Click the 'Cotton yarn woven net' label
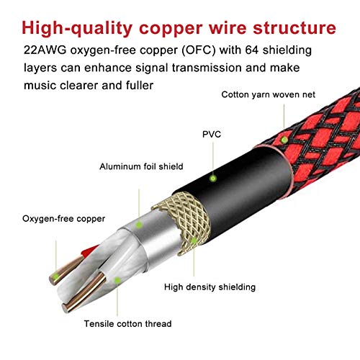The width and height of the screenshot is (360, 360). click(x=268, y=94)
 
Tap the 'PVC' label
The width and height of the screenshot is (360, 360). click(x=212, y=135)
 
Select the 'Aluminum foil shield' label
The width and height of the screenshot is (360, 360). click(x=141, y=166)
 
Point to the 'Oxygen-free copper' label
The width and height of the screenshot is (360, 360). click(x=63, y=219)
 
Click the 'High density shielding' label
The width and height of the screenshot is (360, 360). click(x=210, y=287)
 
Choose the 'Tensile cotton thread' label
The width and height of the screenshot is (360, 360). click(x=127, y=324)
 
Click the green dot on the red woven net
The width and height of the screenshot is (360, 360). click(x=284, y=140)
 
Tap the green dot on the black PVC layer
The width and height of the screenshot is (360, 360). click(x=213, y=179)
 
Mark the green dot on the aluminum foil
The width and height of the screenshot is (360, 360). click(x=139, y=225)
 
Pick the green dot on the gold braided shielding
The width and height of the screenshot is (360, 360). click(x=194, y=240)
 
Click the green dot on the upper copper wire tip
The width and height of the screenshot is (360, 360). click(x=56, y=276)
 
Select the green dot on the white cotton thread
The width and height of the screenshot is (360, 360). click(x=117, y=280)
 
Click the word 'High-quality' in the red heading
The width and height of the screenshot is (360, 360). click(x=77, y=29)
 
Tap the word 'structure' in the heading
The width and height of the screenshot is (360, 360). click(x=294, y=28)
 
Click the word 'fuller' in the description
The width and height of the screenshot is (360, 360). click(x=140, y=85)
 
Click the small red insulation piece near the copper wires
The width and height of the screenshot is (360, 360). click(x=89, y=251)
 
